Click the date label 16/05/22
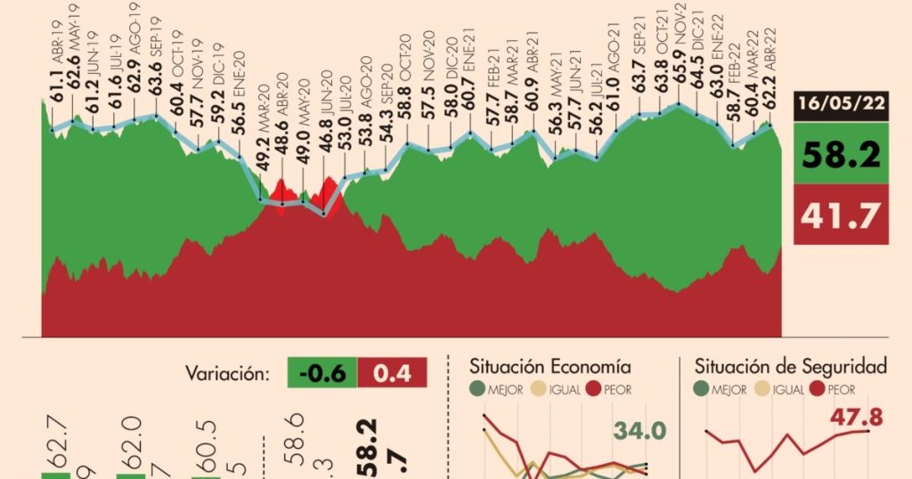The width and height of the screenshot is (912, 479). coord(841,104)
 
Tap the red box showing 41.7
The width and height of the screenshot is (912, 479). coord(841,214)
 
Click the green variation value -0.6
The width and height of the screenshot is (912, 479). coord(322,373)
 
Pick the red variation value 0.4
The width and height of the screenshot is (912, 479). coord(392,373)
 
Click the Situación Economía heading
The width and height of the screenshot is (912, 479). coord(551,367)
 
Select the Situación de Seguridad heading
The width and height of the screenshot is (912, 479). coord(790,367)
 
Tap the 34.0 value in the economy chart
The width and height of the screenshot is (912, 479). coord(639,432)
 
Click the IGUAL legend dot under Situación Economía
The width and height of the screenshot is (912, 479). coord(538,388)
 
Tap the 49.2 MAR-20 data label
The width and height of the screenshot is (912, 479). coord(262,158)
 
